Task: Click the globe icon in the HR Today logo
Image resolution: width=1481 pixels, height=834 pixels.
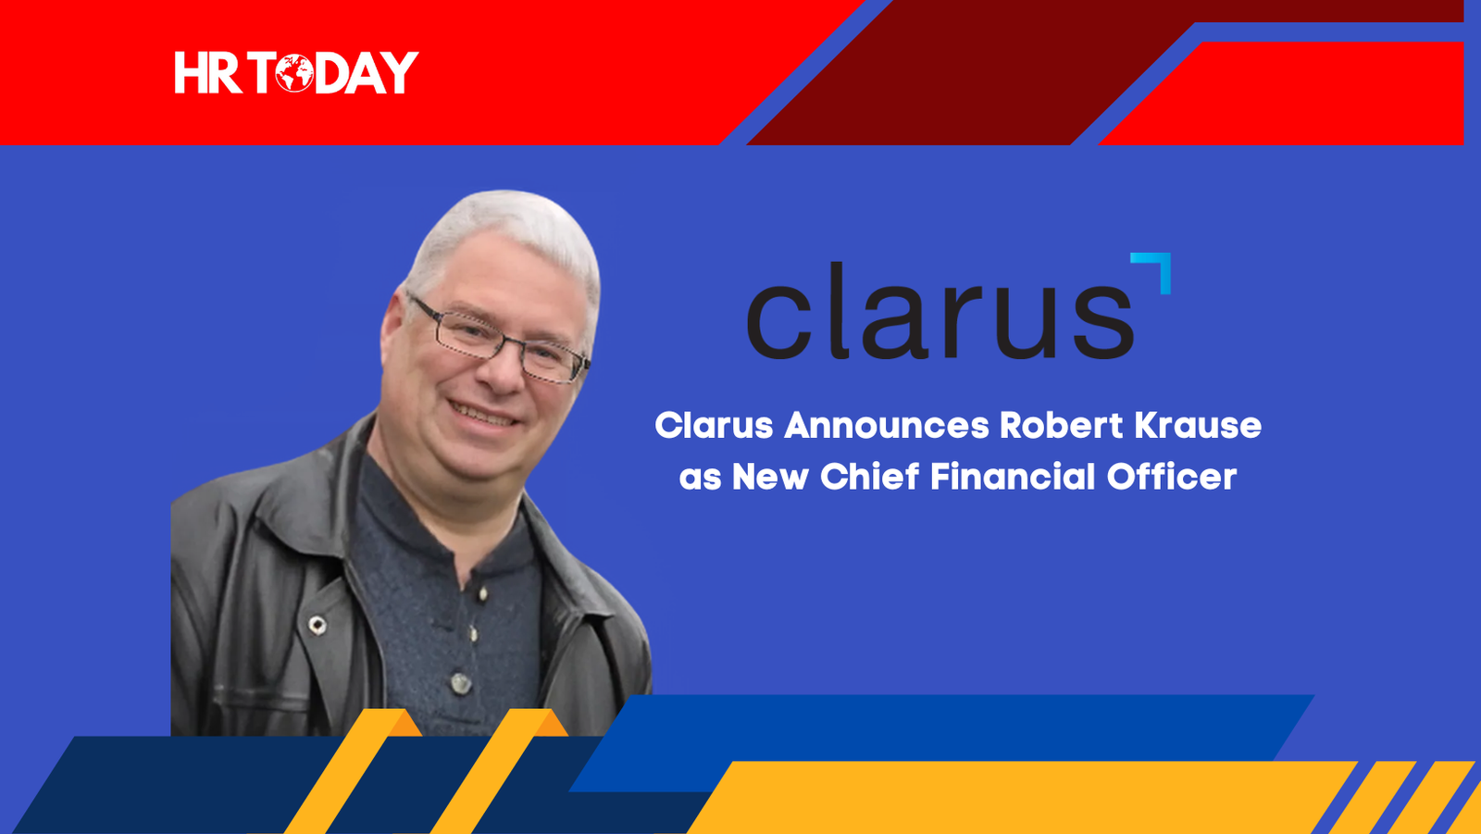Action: (x=294, y=73)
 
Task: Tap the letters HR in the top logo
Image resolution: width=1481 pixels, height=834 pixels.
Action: (x=207, y=73)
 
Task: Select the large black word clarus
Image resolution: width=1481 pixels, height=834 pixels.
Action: (x=940, y=310)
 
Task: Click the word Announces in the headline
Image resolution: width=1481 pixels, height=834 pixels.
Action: (x=887, y=425)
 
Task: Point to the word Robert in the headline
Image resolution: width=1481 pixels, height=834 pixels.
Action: (x=1061, y=425)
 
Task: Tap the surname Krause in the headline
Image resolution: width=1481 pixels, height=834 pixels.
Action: (x=1198, y=425)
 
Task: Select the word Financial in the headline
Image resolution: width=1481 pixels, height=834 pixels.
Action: (x=1013, y=476)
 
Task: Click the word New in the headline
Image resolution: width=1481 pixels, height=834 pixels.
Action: (x=770, y=477)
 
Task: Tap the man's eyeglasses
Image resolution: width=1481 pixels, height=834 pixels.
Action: (x=499, y=341)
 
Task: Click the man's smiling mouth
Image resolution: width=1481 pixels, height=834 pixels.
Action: (x=482, y=416)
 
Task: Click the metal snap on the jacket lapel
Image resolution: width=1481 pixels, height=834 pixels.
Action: (x=317, y=625)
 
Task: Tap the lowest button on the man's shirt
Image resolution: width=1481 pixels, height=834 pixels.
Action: (x=461, y=683)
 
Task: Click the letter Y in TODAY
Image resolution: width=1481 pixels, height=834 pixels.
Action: (x=399, y=73)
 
